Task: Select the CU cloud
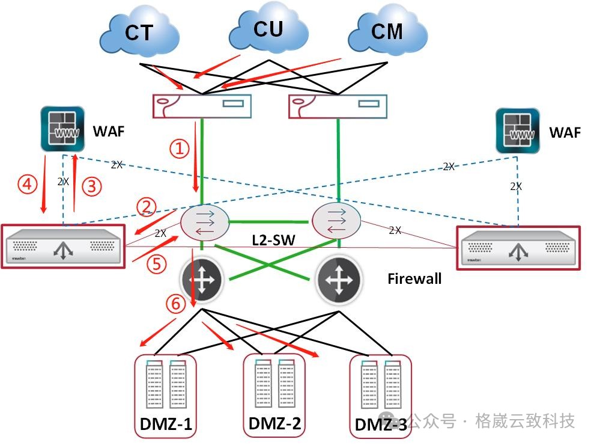click(268, 28)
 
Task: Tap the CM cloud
click(387, 31)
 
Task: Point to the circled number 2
click(147, 207)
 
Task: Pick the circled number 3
click(91, 186)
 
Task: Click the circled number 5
click(155, 265)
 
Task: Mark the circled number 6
click(175, 304)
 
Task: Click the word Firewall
click(414, 278)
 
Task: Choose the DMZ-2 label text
click(273, 423)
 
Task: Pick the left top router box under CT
click(202, 105)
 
